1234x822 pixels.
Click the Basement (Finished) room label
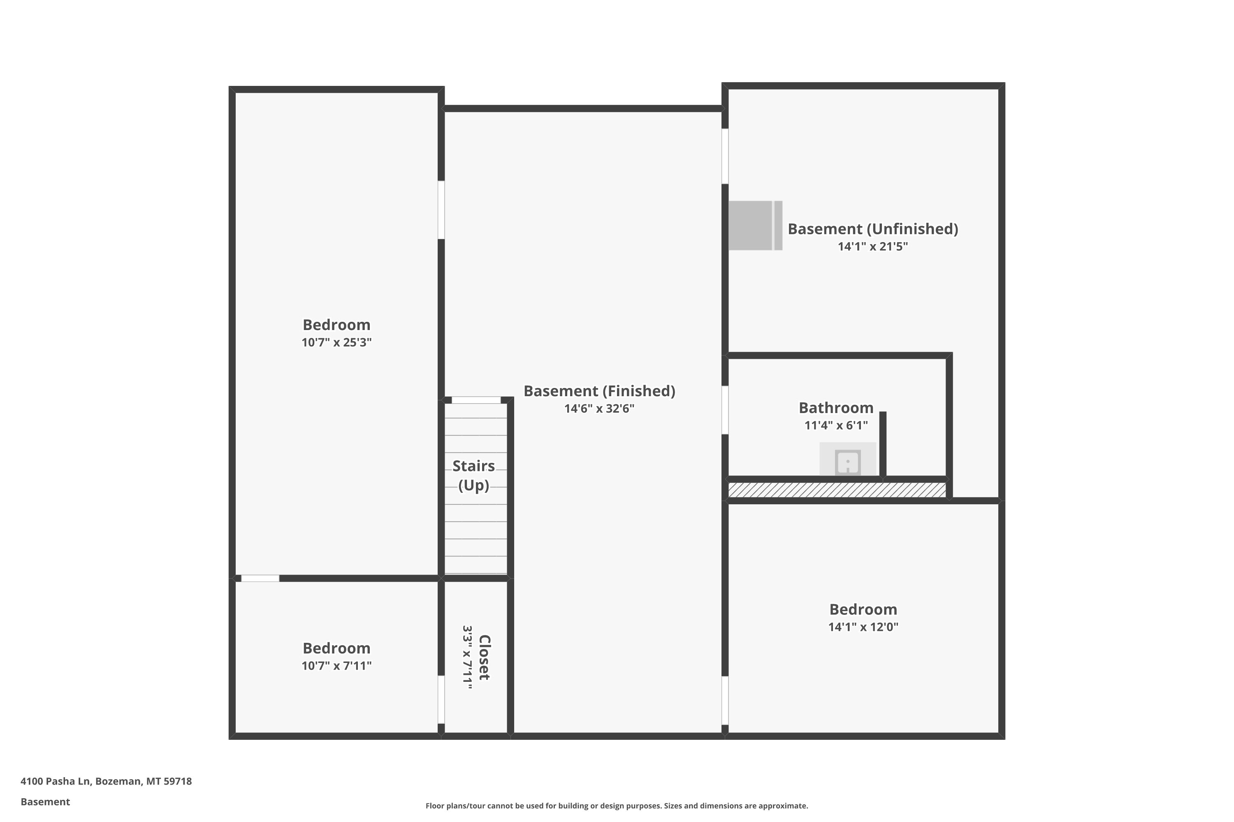pyautogui.click(x=599, y=391)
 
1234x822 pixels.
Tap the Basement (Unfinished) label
pyautogui.click(x=872, y=229)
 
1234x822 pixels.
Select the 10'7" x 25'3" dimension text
pyautogui.click(x=336, y=342)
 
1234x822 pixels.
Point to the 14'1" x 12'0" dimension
pyautogui.click(x=863, y=627)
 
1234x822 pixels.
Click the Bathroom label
pyautogui.click(x=836, y=408)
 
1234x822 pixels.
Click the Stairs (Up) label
pyautogui.click(x=473, y=476)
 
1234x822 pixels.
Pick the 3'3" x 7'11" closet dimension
pyautogui.click(x=467, y=657)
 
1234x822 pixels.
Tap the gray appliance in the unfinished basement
pyautogui.click(x=755, y=225)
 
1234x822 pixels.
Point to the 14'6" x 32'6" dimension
pyautogui.click(x=599, y=409)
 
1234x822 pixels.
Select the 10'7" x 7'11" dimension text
pyautogui.click(x=336, y=666)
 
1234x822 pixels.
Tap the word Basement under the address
pyautogui.click(x=45, y=801)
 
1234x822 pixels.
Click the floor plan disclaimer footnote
pyautogui.click(x=617, y=806)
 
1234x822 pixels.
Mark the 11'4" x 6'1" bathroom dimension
pyautogui.click(x=836, y=425)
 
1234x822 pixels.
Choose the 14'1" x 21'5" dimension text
pyautogui.click(x=872, y=246)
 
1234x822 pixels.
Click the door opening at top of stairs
pyautogui.click(x=476, y=400)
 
